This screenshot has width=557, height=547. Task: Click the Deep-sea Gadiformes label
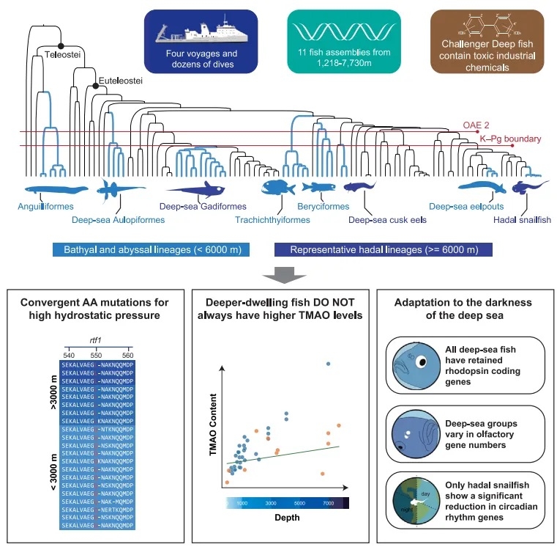[x=203, y=208]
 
